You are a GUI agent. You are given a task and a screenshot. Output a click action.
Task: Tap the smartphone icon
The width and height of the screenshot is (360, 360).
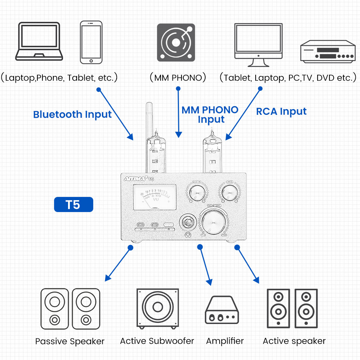[x=91, y=42]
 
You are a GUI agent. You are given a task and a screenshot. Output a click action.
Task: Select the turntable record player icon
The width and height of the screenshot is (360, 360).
[x=176, y=42]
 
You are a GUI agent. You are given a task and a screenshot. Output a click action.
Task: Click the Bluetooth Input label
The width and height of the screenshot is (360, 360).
[x=72, y=114]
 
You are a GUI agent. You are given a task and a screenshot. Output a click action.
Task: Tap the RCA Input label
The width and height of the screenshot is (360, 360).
[x=281, y=112]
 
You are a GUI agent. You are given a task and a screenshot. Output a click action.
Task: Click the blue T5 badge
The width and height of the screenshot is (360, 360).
[x=73, y=204]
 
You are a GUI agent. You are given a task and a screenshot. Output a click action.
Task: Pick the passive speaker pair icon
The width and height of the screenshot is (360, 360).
[x=70, y=309]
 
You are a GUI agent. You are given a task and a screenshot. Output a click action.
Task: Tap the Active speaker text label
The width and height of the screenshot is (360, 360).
[x=294, y=341]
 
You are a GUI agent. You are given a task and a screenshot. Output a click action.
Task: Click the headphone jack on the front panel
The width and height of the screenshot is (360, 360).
[x=187, y=222]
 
